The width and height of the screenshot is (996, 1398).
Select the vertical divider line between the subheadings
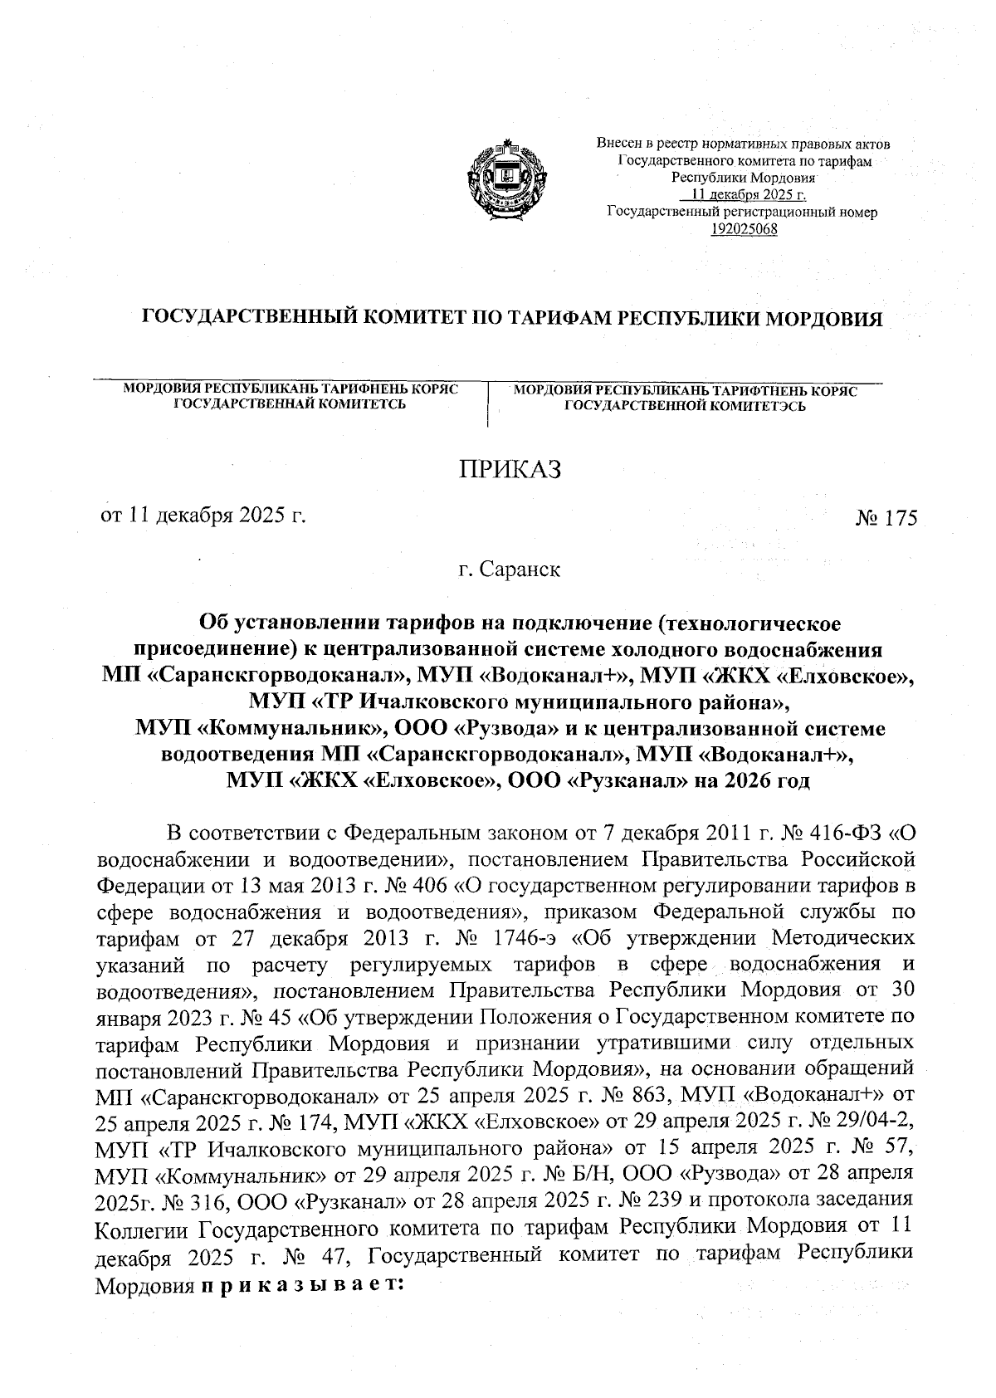488,404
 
